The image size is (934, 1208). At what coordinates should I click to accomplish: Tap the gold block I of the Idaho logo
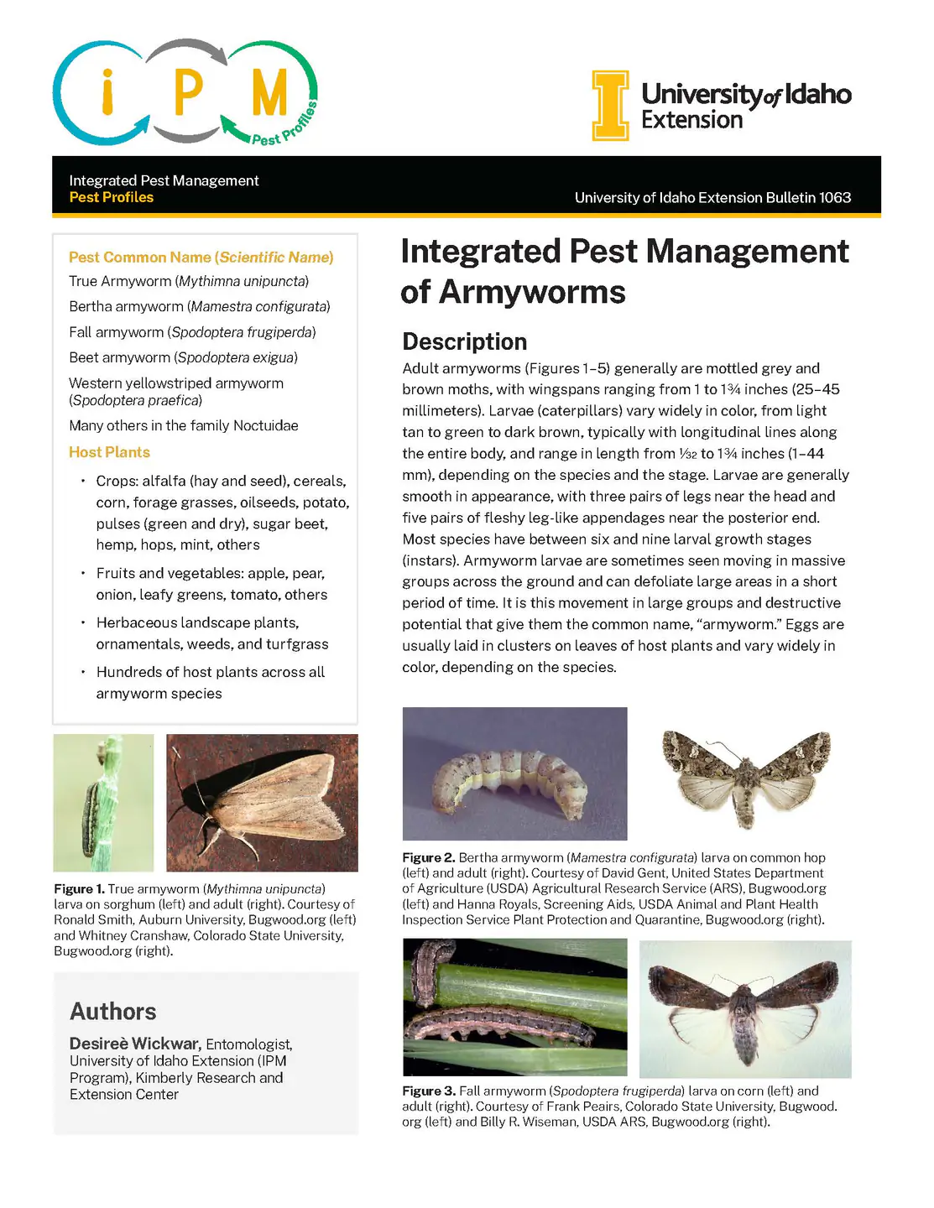tap(610, 105)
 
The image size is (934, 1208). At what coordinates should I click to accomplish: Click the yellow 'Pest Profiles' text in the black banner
tap(112, 198)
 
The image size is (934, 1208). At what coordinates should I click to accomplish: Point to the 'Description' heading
tap(465, 341)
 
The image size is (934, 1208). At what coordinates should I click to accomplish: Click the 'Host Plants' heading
tap(109, 452)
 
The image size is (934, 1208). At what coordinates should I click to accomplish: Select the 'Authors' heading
tap(113, 1012)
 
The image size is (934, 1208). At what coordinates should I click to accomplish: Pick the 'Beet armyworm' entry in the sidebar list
tap(120, 358)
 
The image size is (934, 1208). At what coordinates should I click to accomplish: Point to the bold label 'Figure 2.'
tap(429, 858)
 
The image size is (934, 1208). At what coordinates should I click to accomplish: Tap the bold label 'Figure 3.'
tap(429, 1091)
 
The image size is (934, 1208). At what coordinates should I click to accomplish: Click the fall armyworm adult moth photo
tap(745, 1008)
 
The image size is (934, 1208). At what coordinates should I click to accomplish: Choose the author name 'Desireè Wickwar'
tap(135, 1044)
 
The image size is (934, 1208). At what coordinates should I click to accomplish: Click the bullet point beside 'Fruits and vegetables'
tap(83, 574)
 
